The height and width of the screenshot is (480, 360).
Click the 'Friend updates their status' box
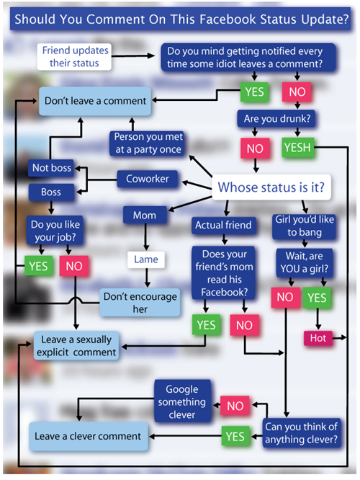coord(74,57)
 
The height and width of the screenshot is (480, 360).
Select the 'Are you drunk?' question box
coord(276,118)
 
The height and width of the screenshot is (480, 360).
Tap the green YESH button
coord(298,148)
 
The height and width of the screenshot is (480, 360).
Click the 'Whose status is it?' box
coord(271,187)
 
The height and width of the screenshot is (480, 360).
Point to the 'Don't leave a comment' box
coord(95,101)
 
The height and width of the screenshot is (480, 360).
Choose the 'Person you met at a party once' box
coord(148,143)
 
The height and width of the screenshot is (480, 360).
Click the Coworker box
coord(148,179)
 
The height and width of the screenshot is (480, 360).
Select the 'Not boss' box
coord(51,168)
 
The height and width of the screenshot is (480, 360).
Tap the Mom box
coord(145,215)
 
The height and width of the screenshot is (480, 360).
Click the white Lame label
coord(146,259)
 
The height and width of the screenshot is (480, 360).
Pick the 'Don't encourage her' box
coord(140,303)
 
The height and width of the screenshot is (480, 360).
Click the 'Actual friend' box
coord(224,226)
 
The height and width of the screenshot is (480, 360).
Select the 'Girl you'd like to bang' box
coord(305,226)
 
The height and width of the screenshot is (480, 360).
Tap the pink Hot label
coord(318,338)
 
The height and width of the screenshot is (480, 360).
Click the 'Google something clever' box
coord(182,401)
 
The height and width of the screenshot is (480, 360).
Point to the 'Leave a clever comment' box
coord(88,436)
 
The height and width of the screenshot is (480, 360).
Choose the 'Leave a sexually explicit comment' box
coord(76,346)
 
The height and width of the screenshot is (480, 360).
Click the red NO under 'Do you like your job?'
coord(74,266)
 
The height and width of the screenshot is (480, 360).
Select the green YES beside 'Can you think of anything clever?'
coord(235,436)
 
